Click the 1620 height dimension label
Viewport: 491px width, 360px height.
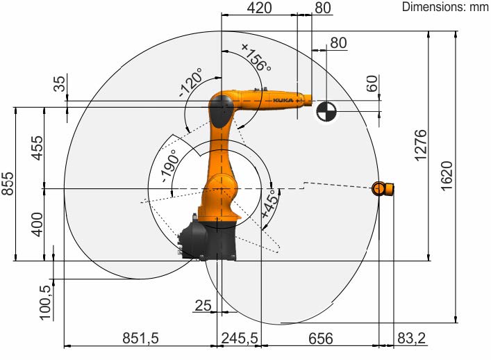(447, 175)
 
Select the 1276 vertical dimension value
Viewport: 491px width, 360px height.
(421, 145)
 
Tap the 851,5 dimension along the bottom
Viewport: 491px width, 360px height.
(140, 338)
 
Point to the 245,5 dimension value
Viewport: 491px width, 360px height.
(240, 338)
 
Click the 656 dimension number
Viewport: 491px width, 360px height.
(321, 338)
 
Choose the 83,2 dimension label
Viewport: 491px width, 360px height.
(411, 338)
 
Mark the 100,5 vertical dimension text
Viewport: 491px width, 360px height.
(45, 302)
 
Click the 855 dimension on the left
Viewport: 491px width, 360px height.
(8, 183)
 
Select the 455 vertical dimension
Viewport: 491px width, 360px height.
(38, 148)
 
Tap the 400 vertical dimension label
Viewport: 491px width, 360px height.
(38, 224)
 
